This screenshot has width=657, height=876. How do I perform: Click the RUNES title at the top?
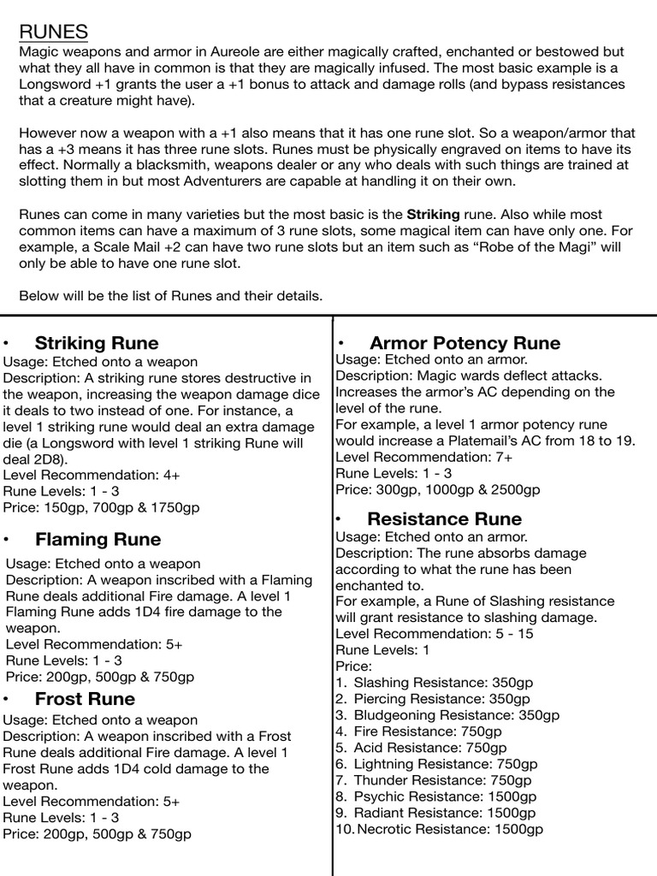pos(53,33)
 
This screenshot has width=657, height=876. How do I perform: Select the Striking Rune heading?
pos(97,343)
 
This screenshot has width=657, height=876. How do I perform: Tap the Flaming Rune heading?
pos(98,540)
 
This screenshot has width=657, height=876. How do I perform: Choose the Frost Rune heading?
pos(85,699)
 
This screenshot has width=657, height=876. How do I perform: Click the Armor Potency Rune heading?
pos(465,343)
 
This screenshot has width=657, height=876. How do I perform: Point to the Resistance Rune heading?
pos(444,519)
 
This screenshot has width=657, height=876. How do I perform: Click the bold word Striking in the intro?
pos(433,215)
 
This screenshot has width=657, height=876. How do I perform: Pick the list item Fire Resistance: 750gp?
pos(428,731)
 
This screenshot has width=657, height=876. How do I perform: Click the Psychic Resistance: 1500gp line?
pos(445,796)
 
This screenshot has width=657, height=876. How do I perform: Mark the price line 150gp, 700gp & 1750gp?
pos(102,508)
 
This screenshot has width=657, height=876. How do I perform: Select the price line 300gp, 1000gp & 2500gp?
pos(438,490)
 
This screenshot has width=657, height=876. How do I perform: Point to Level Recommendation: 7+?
pos(424,458)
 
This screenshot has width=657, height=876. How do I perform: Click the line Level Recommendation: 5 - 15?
pos(436,634)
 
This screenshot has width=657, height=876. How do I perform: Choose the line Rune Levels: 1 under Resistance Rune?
pos(382,650)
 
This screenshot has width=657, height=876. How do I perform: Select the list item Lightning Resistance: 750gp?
pos(445,764)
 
